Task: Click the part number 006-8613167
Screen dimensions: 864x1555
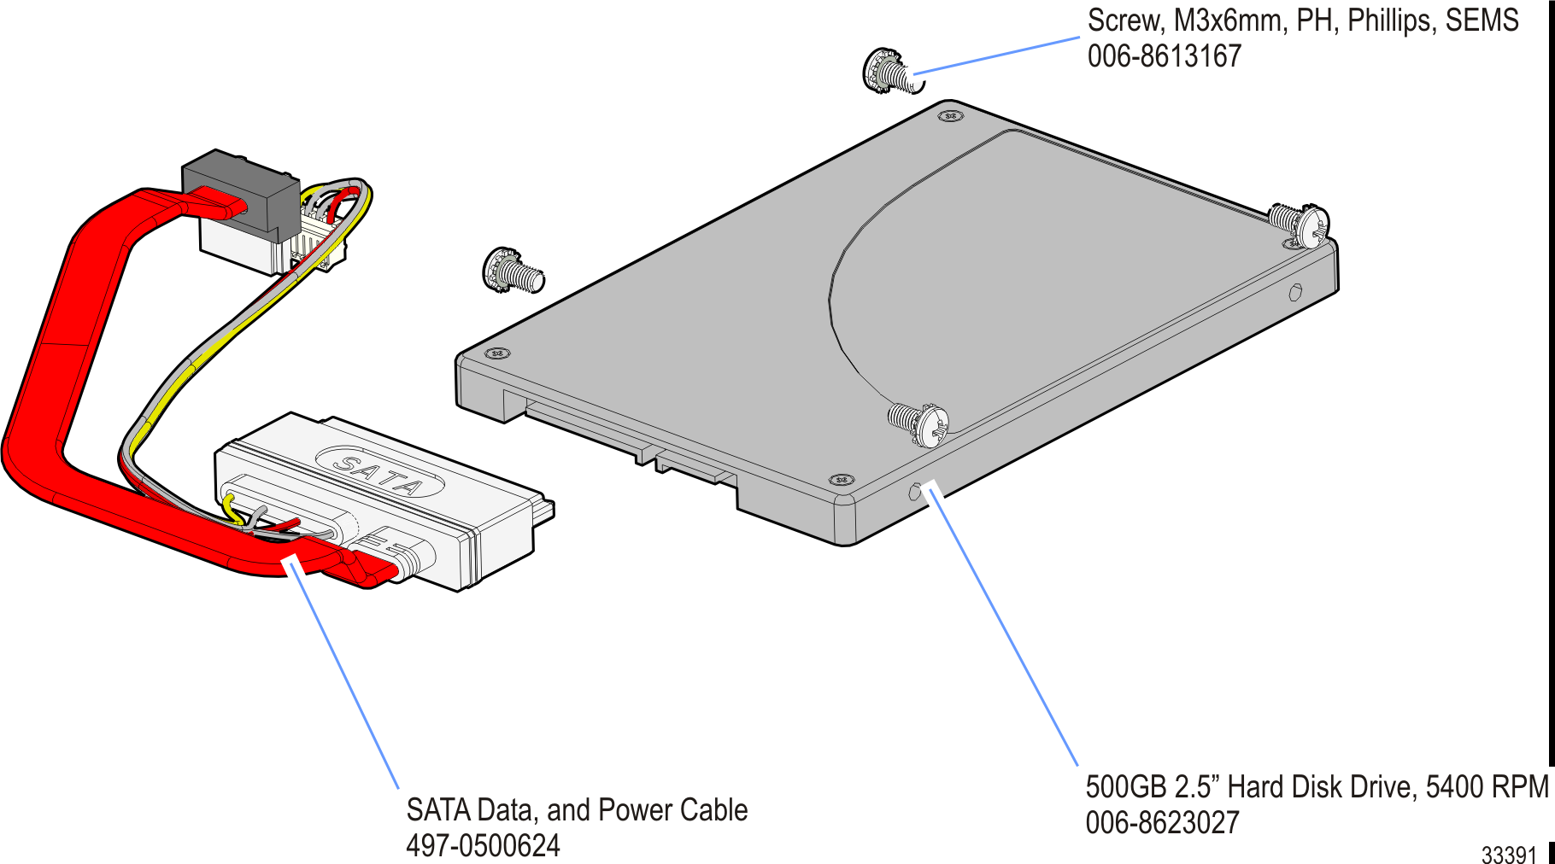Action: (1164, 56)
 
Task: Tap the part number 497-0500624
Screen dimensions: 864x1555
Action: (483, 845)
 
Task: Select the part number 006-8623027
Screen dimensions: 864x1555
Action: (1162, 822)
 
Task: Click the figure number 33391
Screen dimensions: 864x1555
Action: (1509, 854)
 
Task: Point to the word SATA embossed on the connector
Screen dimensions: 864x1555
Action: (379, 476)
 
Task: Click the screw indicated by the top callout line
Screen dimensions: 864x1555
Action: (891, 71)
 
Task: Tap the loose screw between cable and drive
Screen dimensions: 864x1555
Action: (513, 271)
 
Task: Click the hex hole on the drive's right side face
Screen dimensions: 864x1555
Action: (1294, 293)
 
